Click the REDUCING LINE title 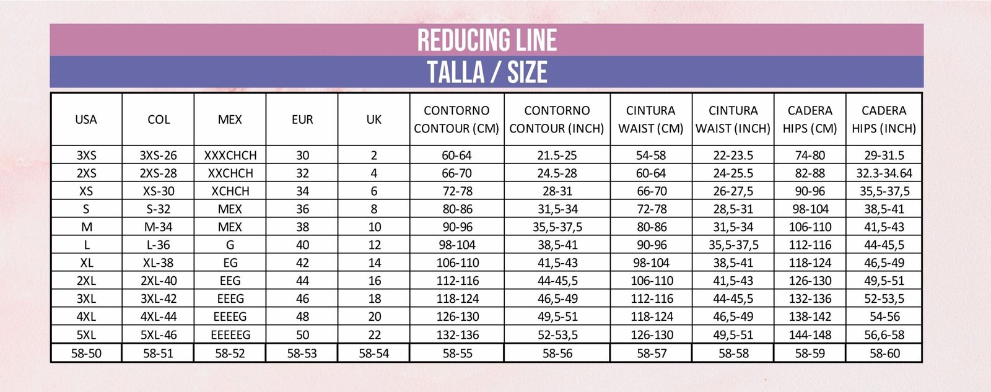tap(487, 40)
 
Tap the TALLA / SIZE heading tap(487, 72)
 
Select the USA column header tap(86, 120)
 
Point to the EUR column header tap(302, 120)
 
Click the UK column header tap(374, 120)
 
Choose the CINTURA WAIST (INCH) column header tap(733, 120)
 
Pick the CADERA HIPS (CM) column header tap(810, 120)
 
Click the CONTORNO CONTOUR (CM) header tap(456, 120)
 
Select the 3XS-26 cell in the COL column tap(158, 155)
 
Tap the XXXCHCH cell tap(230, 155)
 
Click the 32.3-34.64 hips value tap(884, 173)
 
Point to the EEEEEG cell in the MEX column tap(230, 335)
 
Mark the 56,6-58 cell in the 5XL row tap(884, 335)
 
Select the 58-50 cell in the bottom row tap(86, 354)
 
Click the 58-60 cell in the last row tap(884, 354)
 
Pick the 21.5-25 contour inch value tap(557, 155)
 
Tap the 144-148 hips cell tap(810, 335)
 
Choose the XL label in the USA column tap(86, 263)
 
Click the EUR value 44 tap(302, 281)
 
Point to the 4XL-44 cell tap(158, 317)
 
